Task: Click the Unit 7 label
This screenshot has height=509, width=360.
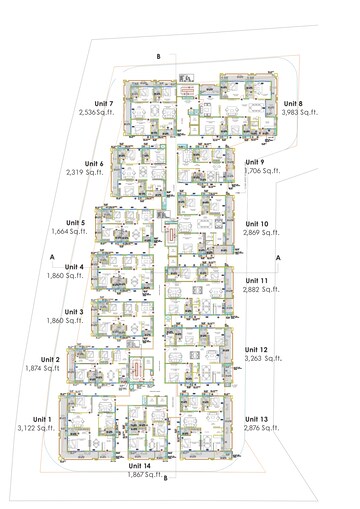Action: (103, 103)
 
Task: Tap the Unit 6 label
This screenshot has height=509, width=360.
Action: (96, 163)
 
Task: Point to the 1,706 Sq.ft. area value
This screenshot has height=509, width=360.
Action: (262, 172)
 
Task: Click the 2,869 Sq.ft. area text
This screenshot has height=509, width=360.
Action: (261, 233)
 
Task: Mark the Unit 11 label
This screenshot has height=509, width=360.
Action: (256, 280)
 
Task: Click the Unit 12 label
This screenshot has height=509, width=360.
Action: (256, 349)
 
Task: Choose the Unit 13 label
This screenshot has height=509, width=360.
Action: (256, 419)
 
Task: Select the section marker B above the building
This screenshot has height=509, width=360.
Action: (158, 56)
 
